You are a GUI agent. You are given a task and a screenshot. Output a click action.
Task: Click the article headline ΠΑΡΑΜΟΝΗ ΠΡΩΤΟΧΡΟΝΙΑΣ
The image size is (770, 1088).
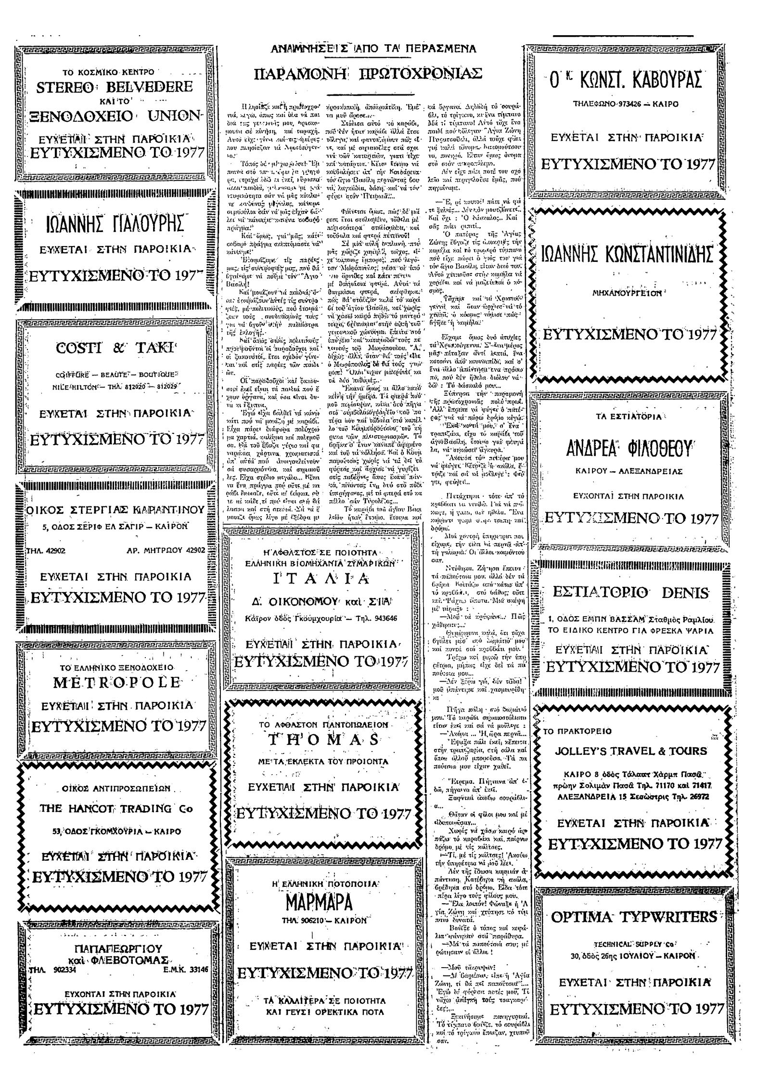click(368, 74)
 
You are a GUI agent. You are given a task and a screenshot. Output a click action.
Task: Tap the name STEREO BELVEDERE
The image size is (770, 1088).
click(115, 87)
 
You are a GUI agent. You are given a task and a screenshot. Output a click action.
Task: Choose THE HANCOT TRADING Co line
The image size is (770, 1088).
click(116, 808)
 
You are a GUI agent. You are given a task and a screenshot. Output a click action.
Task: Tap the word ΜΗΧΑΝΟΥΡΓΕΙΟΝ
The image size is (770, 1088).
click(626, 292)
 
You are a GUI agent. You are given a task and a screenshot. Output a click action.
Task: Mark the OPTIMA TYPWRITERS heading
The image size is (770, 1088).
click(633, 917)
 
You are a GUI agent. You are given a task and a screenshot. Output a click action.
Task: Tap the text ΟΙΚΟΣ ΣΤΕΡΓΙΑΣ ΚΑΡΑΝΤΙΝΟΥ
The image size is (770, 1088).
click(115, 509)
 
